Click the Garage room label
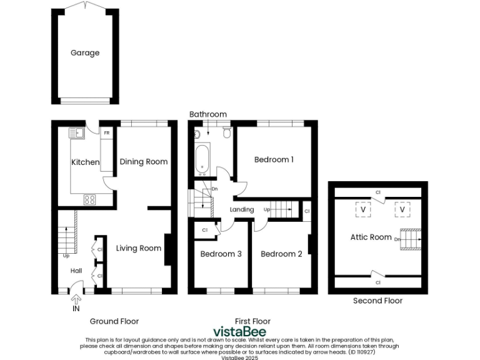click(84, 53)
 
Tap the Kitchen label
click(85, 162)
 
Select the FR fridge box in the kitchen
click(107, 133)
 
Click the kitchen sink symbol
click(78, 132)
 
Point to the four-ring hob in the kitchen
click(90, 200)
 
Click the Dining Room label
click(143, 162)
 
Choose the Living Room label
click(139, 248)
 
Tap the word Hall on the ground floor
click(76, 271)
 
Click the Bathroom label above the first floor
click(208, 114)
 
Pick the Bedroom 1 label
click(274, 159)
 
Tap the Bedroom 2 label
click(281, 254)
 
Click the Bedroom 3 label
click(221, 254)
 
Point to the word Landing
click(242, 209)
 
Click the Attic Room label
click(371, 237)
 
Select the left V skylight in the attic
click(361, 209)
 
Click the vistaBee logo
click(240, 331)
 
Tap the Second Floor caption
click(377, 301)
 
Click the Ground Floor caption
click(114, 321)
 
